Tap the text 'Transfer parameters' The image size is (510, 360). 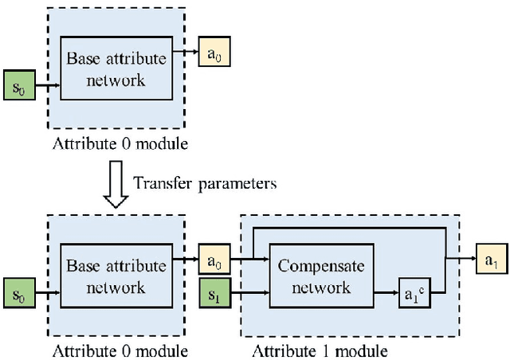(205, 183)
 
